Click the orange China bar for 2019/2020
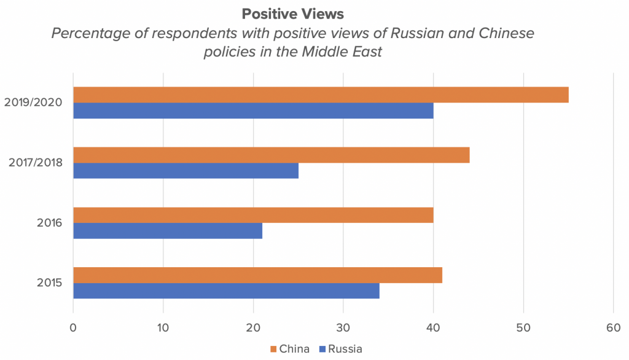[321, 95]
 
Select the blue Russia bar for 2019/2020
[253, 111]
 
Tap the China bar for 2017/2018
[271, 155]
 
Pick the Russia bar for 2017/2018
[186, 171]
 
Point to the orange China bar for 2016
[253, 216]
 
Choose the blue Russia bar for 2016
[168, 231]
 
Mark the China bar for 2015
[257, 275]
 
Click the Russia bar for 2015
[226, 291]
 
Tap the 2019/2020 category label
[33, 103]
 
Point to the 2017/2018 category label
[34, 163]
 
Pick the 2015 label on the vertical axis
[50, 283]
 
